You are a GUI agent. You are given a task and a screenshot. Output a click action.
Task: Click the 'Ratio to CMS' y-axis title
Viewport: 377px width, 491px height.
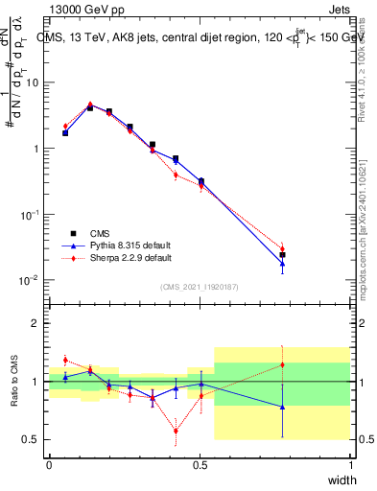(x=14, y=382)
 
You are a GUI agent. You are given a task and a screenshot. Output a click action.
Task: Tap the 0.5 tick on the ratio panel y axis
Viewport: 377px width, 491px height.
(x=35, y=439)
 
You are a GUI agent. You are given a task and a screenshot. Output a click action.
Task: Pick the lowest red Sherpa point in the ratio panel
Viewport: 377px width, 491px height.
(x=176, y=431)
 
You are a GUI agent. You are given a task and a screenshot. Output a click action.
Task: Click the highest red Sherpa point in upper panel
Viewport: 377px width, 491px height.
(x=90, y=104)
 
